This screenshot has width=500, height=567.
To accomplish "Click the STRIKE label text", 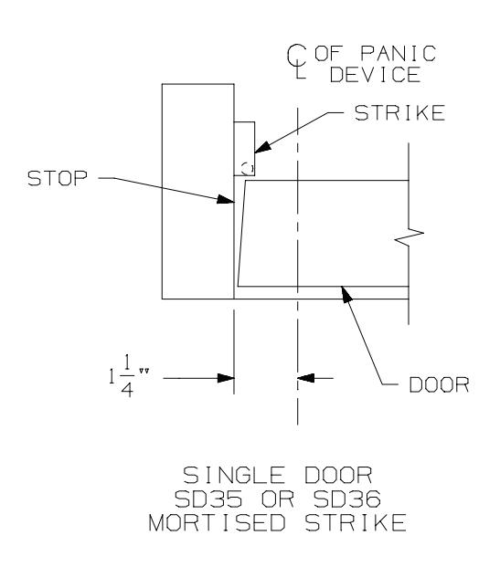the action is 399,113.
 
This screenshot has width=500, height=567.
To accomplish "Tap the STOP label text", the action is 58,178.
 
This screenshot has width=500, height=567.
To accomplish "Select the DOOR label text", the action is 439,384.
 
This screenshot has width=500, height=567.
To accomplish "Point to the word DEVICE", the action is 375,75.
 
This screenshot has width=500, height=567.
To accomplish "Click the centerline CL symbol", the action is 296,61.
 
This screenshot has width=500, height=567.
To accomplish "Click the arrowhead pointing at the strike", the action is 262,146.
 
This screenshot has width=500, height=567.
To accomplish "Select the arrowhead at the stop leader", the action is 225,198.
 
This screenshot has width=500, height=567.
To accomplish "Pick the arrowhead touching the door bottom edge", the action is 346,293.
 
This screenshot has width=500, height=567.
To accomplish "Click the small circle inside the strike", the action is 248,167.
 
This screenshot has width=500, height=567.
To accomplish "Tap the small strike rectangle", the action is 244,149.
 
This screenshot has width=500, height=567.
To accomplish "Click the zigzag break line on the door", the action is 410,236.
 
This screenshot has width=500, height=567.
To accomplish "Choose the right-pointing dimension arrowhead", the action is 226,378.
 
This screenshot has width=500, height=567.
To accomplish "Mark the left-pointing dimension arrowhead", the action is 306,378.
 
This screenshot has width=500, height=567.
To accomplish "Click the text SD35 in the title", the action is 208,499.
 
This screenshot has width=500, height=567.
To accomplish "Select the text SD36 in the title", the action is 346,499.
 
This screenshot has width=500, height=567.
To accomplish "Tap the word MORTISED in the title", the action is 217,523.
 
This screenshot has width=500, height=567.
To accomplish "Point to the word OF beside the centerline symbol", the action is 327,54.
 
